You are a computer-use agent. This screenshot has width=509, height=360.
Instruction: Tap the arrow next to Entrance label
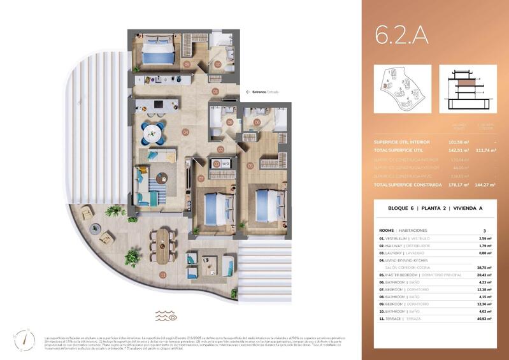click(x=247, y=92)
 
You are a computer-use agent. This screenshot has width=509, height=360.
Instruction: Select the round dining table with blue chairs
click(x=153, y=133)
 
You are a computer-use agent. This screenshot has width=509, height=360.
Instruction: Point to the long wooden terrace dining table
click(x=164, y=245)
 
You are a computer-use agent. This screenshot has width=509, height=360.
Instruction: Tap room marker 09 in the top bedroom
click(x=187, y=64)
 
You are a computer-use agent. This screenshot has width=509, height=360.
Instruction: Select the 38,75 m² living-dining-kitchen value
click(x=485, y=268)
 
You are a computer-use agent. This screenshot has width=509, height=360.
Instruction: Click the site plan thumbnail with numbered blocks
click(x=403, y=89)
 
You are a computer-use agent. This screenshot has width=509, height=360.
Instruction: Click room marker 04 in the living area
click(x=185, y=133)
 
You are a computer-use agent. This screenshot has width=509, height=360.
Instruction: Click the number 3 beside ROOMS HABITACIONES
click(x=485, y=230)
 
